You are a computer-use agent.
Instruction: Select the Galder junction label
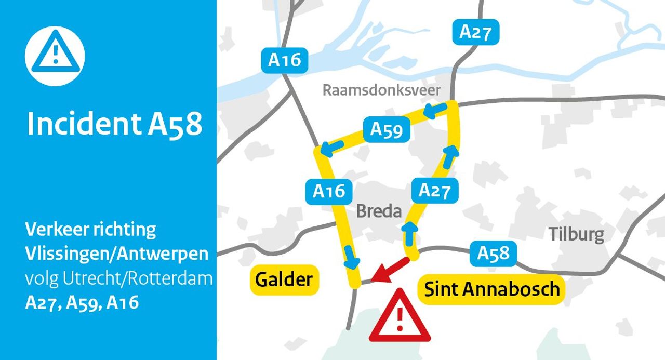(284, 280)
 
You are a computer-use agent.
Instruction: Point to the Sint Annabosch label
(492, 289)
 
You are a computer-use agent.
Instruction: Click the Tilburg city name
(577, 234)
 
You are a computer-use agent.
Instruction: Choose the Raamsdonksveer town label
(382, 90)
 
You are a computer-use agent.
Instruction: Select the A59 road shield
(387, 129)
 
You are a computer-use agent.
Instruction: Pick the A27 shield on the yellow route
(434, 191)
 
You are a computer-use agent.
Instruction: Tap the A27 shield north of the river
(475, 32)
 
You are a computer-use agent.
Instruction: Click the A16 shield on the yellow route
(329, 191)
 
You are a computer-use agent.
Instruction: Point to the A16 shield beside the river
(285, 60)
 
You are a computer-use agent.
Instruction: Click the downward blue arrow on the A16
(351, 256)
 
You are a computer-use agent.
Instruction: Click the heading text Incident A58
(114, 124)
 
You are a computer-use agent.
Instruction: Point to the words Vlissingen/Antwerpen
(117, 254)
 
